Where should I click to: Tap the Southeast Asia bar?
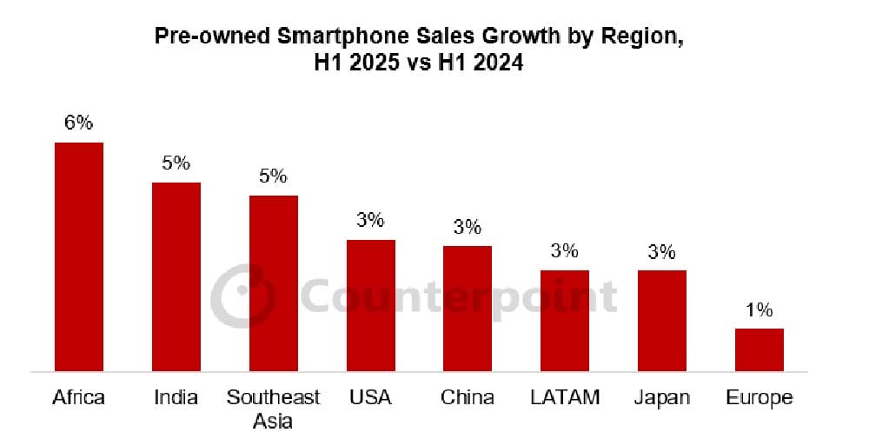pyautogui.click(x=274, y=283)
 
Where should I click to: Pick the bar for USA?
pyautogui.click(x=371, y=305)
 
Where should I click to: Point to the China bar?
pyautogui.click(x=468, y=309)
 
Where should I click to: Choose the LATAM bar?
pyautogui.click(x=565, y=321)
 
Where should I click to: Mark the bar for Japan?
pyautogui.click(x=662, y=321)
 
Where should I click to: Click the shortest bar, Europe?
pyautogui.click(x=760, y=349)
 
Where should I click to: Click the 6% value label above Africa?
pyautogui.click(x=78, y=123)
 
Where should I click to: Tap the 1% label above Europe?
pyautogui.click(x=759, y=310)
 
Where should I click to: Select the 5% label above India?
pyautogui.click(x=176, y=163)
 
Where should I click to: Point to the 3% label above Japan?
pyautogui.click(x=661, y=252)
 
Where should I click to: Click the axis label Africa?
pyautogui.click(x=78, y=398)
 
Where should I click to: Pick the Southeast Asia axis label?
pyautogui.click(x=274, y=409)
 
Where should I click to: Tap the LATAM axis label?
pyautogui.click(x=565, y=398)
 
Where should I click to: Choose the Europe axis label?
pyautogui.click(x=760, y=398)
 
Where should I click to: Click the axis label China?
pyautogui.click(x=468, y=398)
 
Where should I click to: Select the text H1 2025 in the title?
pyautogui.click(x=362, y=63)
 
